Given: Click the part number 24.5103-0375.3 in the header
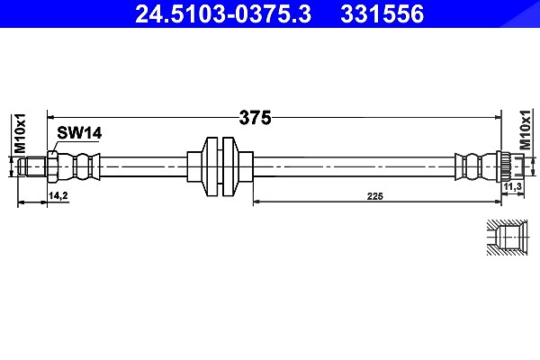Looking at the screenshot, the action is click(x=223, y=13).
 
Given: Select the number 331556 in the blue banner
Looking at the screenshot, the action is click(x=382, y=13).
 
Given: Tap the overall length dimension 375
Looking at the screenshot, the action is click(x=256, y=118).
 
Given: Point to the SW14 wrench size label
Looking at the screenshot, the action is click(x=79, y=133).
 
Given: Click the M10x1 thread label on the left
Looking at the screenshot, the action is click(x=20, y=132).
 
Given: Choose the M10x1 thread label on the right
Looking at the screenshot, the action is click(x=525, y=130).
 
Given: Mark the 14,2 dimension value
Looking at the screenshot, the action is click(x=58, y=195).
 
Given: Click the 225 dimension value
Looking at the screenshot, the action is click(x=374, y=196).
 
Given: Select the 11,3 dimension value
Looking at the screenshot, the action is click(x=513, y=187).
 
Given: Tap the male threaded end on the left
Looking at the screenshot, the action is click(x=32, y=166).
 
